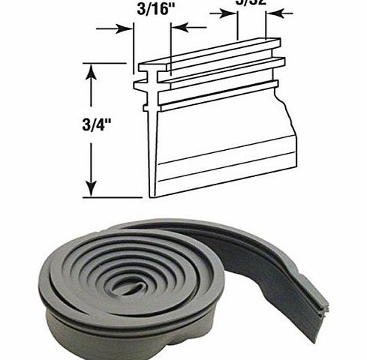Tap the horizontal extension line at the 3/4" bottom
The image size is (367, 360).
tap(113, 197)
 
